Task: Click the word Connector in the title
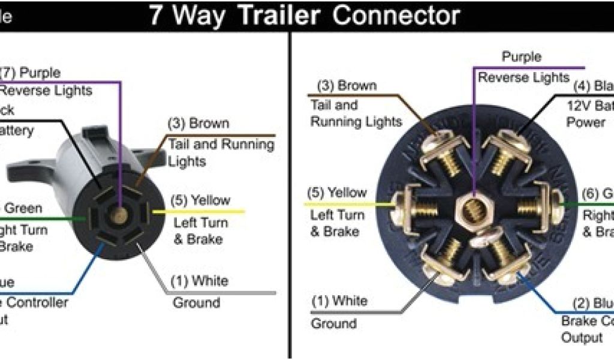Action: (396, 16)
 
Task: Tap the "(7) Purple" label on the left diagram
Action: (30, 73)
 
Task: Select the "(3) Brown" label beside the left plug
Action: (198, 124)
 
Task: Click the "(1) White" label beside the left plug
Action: (200, 281)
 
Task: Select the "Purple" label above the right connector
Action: (521, 58)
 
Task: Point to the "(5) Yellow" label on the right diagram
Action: (337, 193)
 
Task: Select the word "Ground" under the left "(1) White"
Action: (196, 302)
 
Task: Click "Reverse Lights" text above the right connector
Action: (523, 77)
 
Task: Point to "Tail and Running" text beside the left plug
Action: (221, 144)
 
